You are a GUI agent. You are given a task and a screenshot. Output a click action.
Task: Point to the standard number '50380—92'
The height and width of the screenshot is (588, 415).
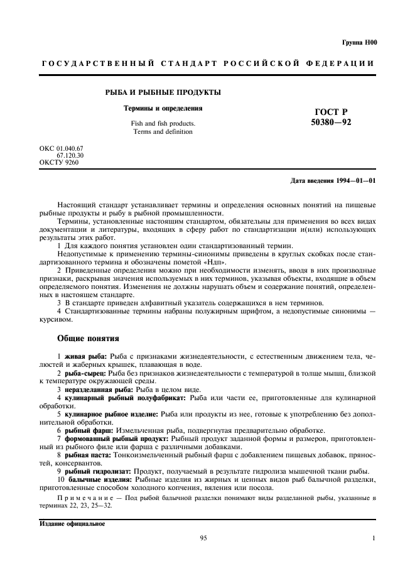(331, 122)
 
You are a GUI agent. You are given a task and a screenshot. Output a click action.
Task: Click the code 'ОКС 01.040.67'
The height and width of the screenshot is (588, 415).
(61, 148)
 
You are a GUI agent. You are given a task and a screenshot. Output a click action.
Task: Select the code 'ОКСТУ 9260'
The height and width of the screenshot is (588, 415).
(58, 161)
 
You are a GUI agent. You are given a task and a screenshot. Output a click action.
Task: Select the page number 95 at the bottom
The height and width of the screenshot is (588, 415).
(203, 538)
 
